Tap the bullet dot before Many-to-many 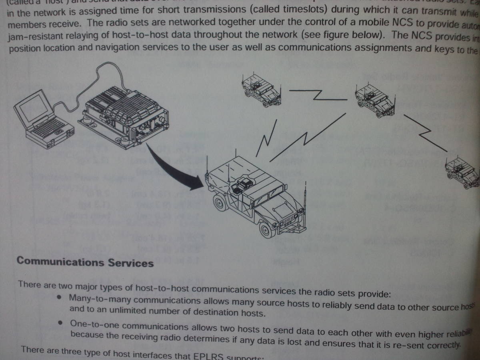(x=59, y=298)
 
